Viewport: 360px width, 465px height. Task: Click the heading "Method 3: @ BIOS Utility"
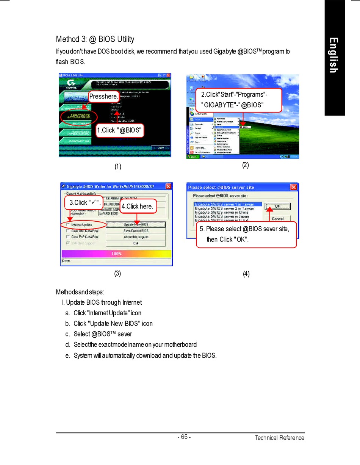point(95,39)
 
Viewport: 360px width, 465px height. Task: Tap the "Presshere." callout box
point(103,97)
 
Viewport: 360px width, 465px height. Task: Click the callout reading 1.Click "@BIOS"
point(120,130)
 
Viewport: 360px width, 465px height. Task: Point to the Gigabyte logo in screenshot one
point(70,83)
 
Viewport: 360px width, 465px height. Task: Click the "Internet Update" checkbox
point(68,225)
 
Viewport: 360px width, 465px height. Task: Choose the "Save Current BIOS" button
point(136,231)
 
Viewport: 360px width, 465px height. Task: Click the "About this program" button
point(136,237)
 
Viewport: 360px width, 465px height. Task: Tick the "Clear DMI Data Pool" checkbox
point(68,231)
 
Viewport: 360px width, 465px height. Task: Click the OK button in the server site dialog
point(277,207)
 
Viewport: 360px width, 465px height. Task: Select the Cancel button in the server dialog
point(277,219)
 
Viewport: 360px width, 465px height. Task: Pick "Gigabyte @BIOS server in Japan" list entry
point(222,216)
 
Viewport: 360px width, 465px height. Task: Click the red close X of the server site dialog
point(293,187)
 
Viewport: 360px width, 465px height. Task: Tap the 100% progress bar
point(116,254)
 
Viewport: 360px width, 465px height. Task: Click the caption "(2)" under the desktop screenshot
point(246,165)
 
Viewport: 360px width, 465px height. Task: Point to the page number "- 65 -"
point(184,437)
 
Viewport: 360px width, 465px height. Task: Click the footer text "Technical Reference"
point(279,438)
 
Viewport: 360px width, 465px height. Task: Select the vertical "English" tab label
point(333,55)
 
